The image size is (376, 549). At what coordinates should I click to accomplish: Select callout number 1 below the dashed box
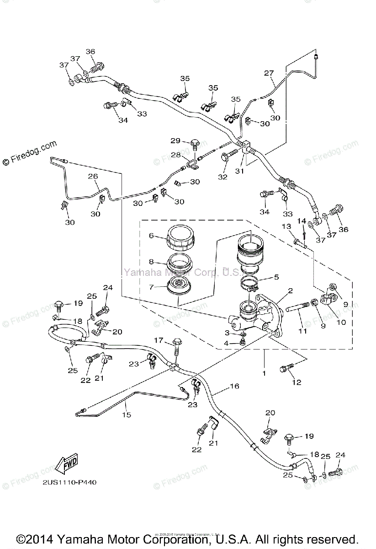pyautogui.click(x=264, y=374)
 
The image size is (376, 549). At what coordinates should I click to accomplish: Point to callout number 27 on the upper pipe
pyautogui.click(x=269, y=73)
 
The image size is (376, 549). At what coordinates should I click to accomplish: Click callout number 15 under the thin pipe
pyautogui.click(x=127, y=414)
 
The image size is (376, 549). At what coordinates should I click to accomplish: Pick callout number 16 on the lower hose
pyautogui.click(x=234, y=387)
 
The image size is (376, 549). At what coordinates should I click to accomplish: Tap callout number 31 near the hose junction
pyautogui.click(x=239, y=171)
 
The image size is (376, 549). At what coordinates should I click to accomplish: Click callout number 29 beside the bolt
pyautogui.click(x=176, y=140)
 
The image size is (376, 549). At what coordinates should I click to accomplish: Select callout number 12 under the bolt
pyautogui.click(x=297, y=382)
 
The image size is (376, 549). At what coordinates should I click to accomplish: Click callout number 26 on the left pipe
pyautogui.click(x=93, y=176)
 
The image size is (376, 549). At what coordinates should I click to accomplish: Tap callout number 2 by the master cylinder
pyautogui.click(x=290, y=291)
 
